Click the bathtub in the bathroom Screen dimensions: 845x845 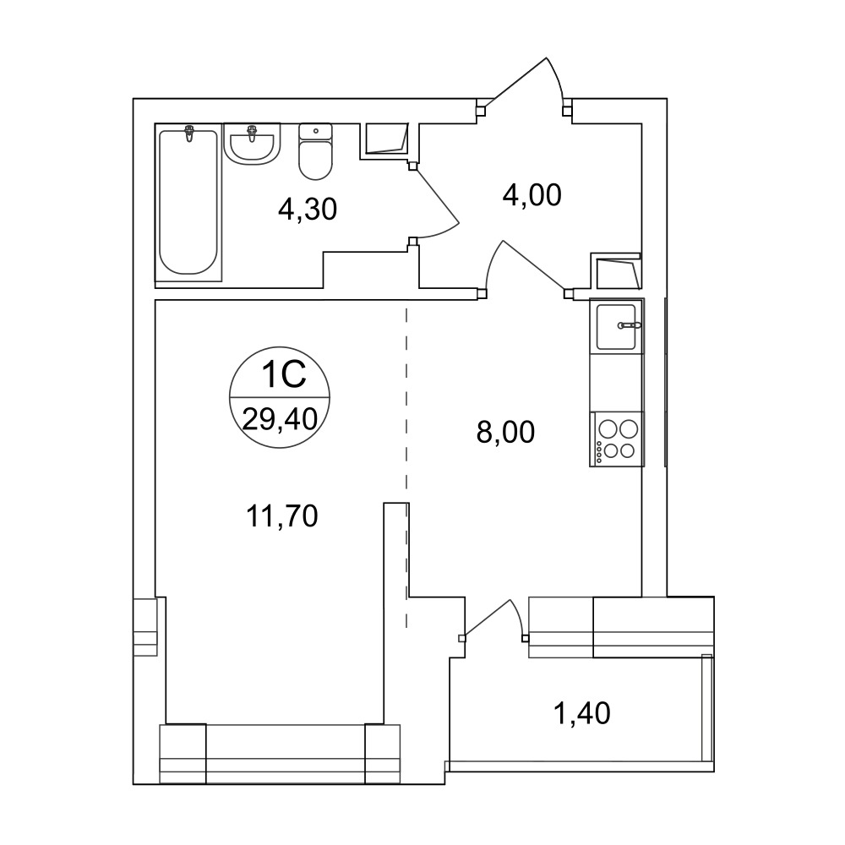188,202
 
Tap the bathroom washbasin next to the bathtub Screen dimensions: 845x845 252,144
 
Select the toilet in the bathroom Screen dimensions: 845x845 315,151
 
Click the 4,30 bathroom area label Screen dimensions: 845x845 308,209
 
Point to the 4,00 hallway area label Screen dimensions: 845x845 532,195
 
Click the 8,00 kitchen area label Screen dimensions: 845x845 505,432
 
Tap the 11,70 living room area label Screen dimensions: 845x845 282,515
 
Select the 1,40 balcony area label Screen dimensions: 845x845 582,713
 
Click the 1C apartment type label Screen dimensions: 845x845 283,374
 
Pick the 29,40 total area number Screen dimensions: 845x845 280,419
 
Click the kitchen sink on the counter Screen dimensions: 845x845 617,326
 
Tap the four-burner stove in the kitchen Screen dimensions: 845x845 617,439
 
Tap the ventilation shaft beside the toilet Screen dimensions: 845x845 384,139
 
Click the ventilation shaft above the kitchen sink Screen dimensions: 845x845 617,273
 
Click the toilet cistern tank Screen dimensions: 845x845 315,132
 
